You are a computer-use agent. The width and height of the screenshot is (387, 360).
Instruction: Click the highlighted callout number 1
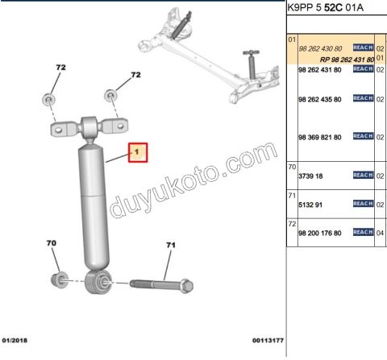[x=138, y=152]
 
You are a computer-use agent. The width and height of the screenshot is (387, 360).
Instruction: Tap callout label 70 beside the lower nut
[x=52, y=243]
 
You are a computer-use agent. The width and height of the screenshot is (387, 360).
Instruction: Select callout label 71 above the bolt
[x=171, y=245]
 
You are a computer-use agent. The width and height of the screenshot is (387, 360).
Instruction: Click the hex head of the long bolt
[x=186, y=286]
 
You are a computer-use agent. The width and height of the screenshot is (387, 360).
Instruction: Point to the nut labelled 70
[x=60, y=279]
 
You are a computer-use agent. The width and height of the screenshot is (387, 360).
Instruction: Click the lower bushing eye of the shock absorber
[x=98, y=282]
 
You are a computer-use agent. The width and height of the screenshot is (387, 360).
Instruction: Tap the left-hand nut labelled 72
[x=48, y=100]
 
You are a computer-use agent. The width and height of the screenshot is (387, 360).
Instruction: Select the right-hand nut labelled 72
[x=110, y=95]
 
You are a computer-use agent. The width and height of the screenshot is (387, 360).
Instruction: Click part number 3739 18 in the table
[x=310, y=176]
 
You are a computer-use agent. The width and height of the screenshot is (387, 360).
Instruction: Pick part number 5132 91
[x=310, y=205]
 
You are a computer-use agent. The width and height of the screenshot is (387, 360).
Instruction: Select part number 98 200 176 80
[x=320, y=233]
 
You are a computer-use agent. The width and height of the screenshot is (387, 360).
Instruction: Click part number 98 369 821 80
[x=320, y=138]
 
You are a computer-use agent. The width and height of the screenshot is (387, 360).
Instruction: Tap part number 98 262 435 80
[x=320, y=100]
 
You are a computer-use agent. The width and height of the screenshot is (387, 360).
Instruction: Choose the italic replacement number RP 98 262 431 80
[x=347, y=60]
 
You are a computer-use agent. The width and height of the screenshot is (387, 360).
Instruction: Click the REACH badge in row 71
[x=363, y=204]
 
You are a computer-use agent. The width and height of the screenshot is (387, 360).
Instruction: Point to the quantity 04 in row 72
[x=380, y=233]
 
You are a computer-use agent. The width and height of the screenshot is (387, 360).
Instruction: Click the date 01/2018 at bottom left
[x=15, y=341]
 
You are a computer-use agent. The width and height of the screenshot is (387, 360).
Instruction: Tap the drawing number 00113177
[x=268, y=341]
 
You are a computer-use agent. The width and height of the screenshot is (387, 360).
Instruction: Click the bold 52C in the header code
[x=333, y=7]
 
